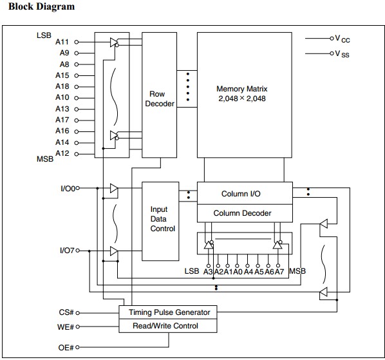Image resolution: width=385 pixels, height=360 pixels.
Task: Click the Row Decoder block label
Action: coord(160,99)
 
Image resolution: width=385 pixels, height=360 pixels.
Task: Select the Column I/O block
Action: coord(245,193)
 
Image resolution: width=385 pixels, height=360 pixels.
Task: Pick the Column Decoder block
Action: coord(245,213)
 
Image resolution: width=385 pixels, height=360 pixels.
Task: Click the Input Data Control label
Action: coord(162,219)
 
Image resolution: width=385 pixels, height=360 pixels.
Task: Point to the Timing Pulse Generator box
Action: coord(168,312)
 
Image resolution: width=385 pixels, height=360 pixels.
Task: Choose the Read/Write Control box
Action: coord(168,326)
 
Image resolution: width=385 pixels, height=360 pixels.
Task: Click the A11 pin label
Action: coord(62,42)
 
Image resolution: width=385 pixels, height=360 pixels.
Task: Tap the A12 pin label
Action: coord(62,153)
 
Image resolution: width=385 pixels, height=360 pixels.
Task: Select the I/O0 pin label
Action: coord(68,188)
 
